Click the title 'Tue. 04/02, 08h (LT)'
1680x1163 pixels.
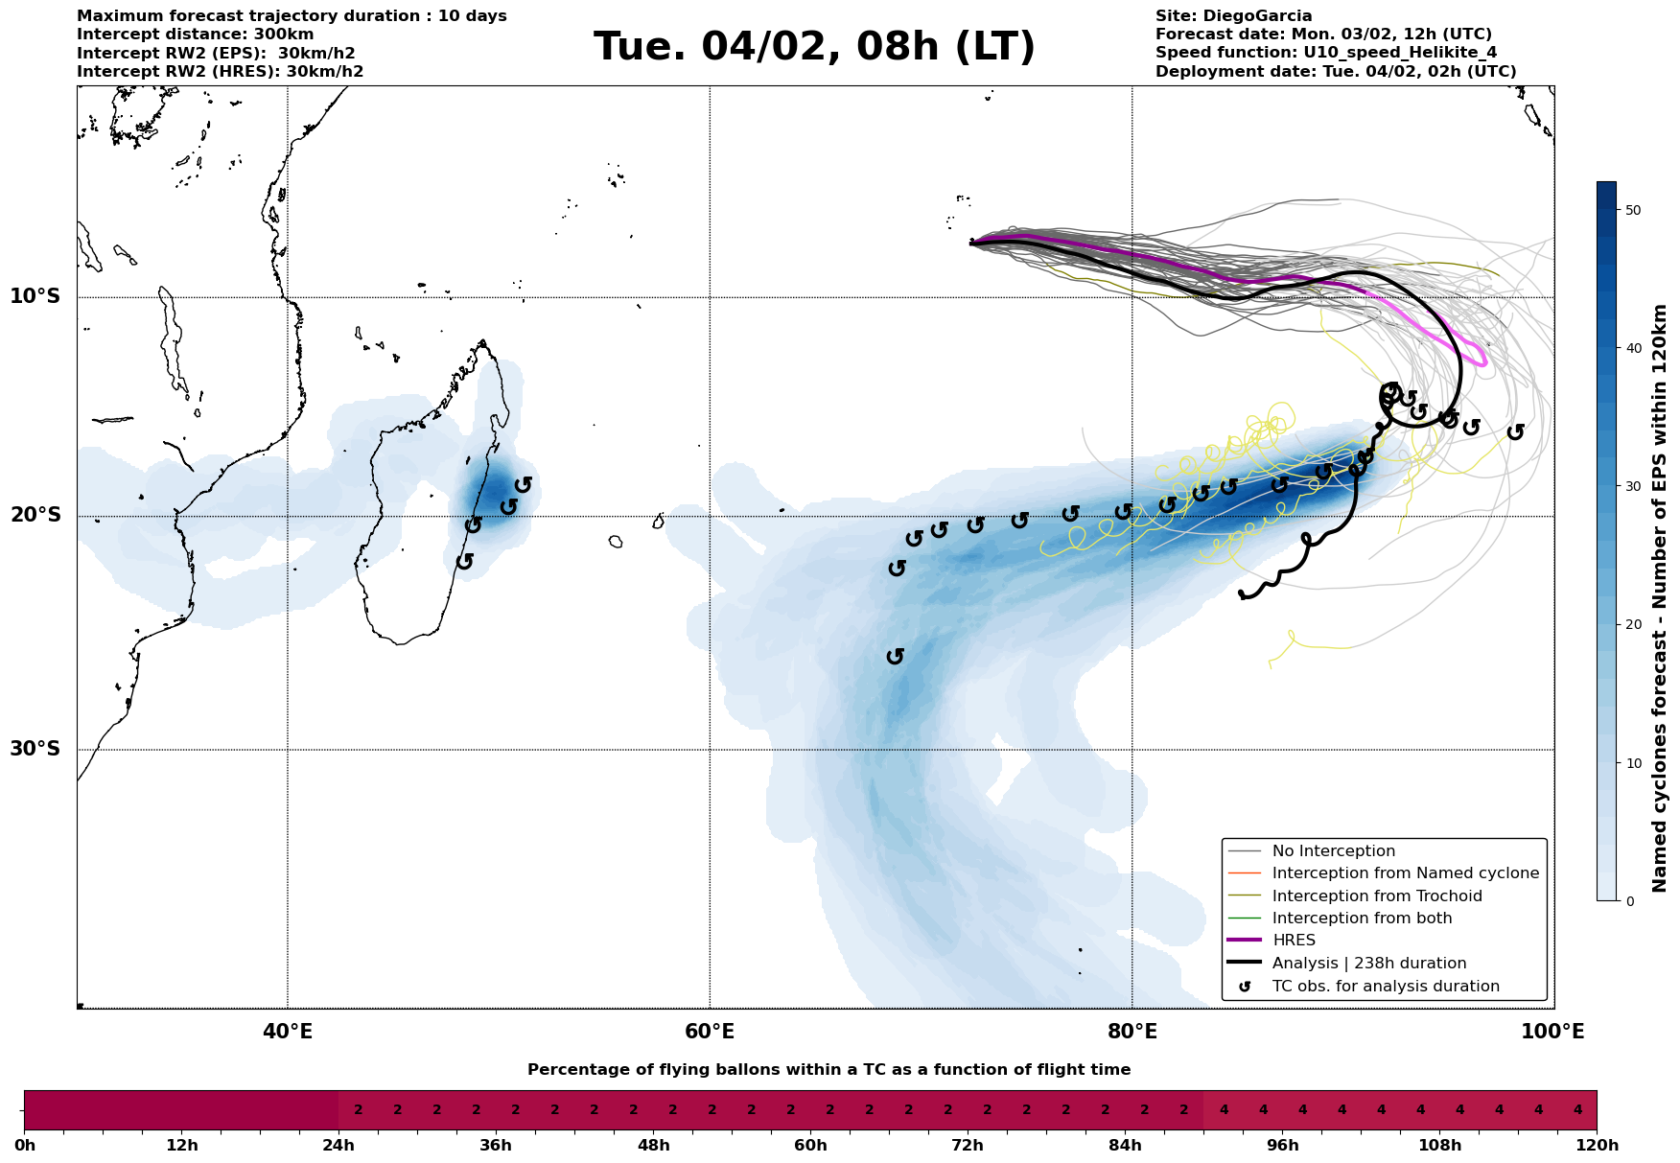814,47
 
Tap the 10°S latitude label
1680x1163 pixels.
35,296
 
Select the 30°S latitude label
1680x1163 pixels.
35,749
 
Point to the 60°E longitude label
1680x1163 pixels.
710,1033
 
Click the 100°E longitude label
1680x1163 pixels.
1553,1033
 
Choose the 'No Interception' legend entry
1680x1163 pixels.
1333,851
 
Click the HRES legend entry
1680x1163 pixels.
1294,941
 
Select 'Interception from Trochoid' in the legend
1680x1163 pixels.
1376,896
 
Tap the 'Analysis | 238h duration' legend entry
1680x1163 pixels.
1368,964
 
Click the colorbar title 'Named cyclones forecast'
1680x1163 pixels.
1661,598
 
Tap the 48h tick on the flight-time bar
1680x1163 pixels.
653,1146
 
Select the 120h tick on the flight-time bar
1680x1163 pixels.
1597,1146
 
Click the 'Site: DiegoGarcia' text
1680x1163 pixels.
1233,16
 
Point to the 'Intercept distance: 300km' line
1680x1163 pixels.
195,35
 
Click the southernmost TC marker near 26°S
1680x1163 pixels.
896,656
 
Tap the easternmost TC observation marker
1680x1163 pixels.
1515,432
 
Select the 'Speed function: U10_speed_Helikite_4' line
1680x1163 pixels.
1325,53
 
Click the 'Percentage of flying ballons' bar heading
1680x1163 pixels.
828,1070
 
